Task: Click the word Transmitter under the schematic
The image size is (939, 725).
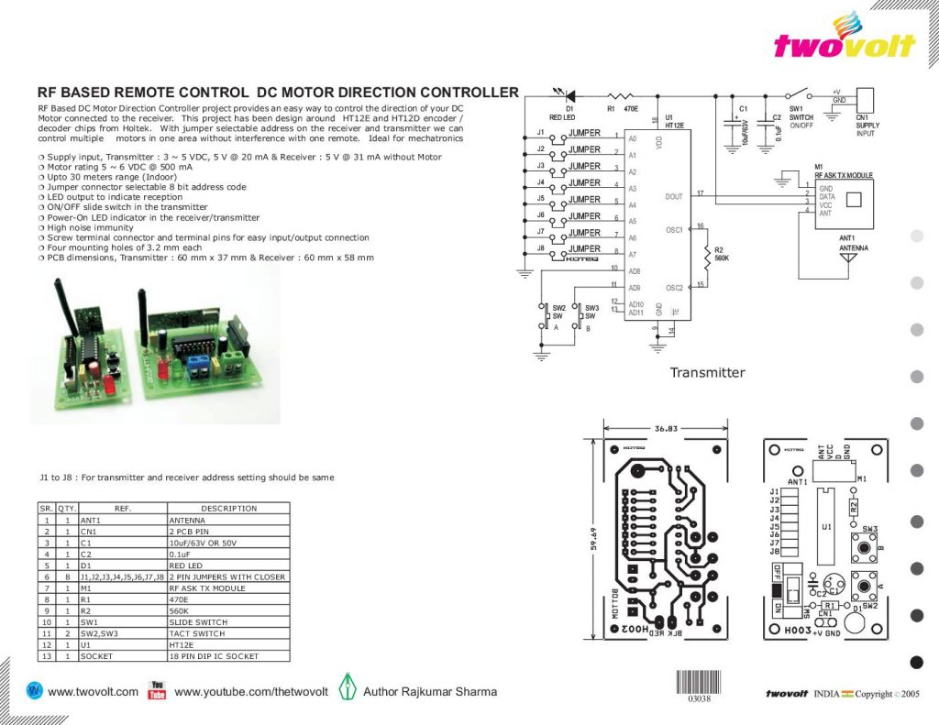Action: click(x=707, y=373)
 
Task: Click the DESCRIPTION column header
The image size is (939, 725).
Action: click(x=228, y=509)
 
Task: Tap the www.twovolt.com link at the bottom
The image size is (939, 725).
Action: click(x=92, y=692)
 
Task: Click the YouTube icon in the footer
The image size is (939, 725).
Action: click(x=157, y=690)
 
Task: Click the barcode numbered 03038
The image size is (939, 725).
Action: click(x=699, y=684)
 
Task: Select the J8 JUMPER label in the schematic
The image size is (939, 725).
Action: click(x=583, y=248)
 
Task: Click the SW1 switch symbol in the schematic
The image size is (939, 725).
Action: click(x=800, y=95)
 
